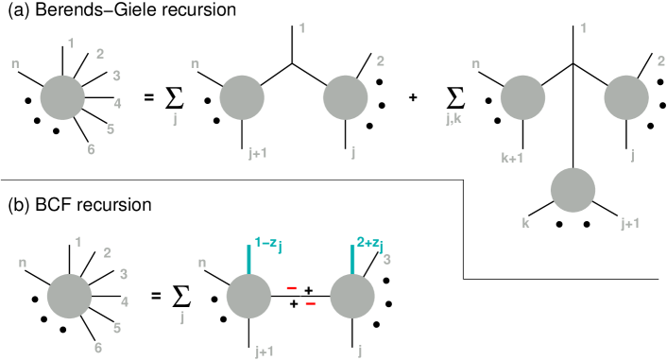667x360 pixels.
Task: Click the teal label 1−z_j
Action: (267, 244)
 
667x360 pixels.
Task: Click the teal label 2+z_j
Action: (369, 244)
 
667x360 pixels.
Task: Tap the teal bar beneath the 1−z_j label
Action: (249, 260)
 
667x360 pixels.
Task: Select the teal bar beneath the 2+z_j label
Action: (352, 260)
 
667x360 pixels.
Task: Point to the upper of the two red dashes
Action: (291, 288)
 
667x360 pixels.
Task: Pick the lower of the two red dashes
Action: (310, 303)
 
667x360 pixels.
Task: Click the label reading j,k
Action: (453, 119)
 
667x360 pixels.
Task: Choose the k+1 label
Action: (512, 158)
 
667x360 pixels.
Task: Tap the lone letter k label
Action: (525, 223)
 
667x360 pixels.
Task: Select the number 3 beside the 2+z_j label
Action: (386, 260)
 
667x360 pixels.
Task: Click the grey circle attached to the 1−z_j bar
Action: (248, 296)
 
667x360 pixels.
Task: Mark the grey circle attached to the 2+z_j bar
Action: (351, 296)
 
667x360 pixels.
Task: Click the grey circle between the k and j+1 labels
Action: (573, 190)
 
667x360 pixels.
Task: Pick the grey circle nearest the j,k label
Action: (522, 98)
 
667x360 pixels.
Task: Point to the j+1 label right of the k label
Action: (630, 223)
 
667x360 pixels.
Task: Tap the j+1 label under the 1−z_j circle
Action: (265, 351)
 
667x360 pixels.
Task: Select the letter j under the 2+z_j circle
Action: (360, 351)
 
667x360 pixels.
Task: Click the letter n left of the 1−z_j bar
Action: (202, 263)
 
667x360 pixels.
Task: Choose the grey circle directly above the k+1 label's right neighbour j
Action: (625, 98)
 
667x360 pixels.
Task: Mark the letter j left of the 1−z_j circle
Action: (182, 317)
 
